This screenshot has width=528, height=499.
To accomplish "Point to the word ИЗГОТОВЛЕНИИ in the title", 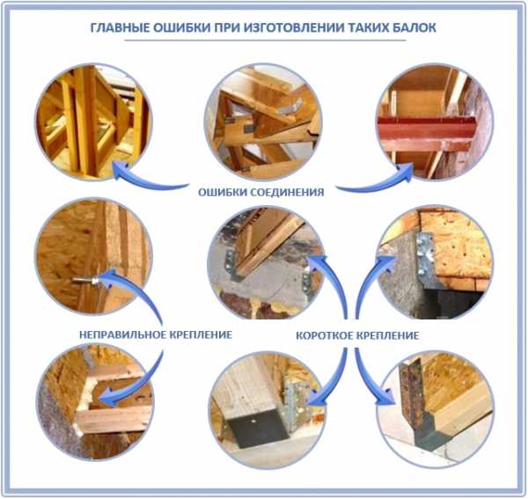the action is [292, 27].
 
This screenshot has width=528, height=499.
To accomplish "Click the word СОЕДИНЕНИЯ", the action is [289, 192].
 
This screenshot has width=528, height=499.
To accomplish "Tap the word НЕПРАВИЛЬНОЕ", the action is [123, 334].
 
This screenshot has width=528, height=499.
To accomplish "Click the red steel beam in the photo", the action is [427, 129].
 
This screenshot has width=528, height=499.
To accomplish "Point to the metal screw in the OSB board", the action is [85, 280].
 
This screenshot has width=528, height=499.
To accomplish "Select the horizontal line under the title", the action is [265, 40].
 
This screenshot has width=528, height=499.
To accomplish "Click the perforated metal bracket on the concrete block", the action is [425, 254].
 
